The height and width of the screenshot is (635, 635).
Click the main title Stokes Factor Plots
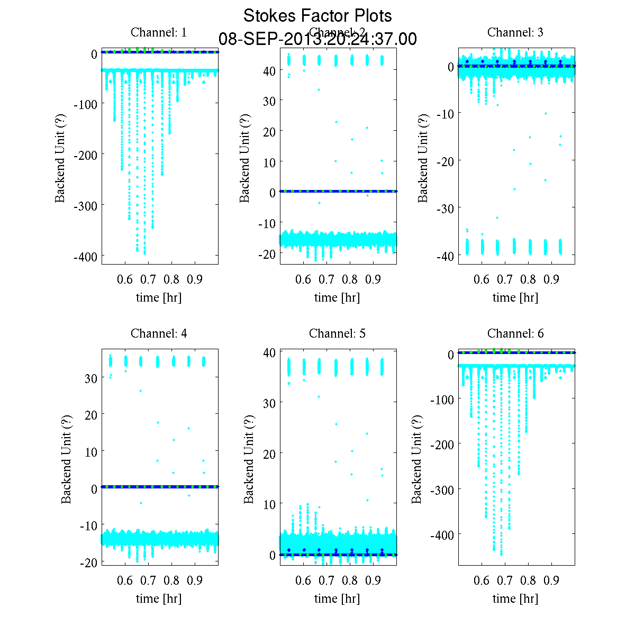[x=317, y=16]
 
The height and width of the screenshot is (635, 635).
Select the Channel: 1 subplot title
[x=159, y=32]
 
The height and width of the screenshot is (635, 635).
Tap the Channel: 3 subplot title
[x=515, y=32]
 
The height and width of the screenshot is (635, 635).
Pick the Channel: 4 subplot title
[x=159, y=333]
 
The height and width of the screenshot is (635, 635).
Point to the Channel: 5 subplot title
[x=337, y=333]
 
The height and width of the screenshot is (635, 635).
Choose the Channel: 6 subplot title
[x=515, y=333]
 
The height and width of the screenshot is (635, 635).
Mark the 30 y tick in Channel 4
[x=91, y=378]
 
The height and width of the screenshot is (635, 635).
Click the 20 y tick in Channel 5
[x=269, y=453]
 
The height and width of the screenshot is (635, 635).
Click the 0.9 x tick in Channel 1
[x=195, y=279]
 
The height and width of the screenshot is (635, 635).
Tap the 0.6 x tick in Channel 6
[x=482, y=580]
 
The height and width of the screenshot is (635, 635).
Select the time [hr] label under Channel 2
[x=337, y=297]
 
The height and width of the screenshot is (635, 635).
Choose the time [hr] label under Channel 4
[x=159, y=598]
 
